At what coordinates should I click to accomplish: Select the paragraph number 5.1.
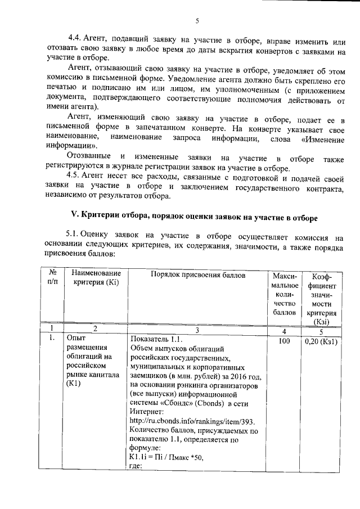point(74,233)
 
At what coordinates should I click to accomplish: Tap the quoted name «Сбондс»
point(173,403)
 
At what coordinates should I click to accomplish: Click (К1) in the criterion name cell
point(74,385)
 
